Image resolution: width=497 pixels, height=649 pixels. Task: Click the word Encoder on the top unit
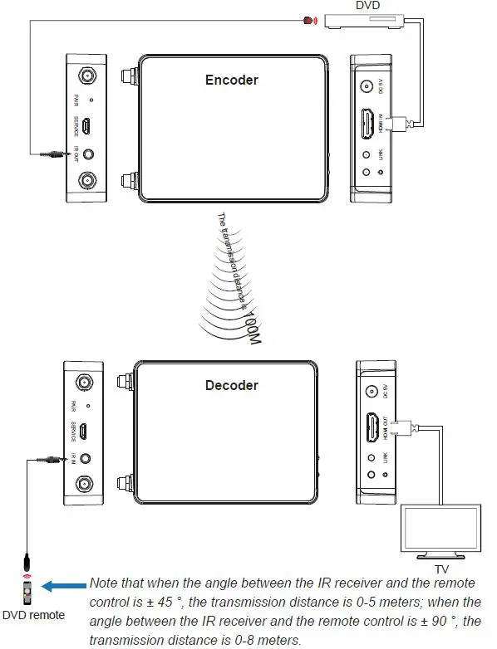pyautogui.click(x=231, y=81)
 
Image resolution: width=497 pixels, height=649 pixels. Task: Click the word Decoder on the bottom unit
pyautogui.click(x=231, y=385)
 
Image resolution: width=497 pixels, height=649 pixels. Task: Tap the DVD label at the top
pyautogui.click(x=367, y=6)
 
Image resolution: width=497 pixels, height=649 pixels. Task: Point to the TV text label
pyautogui.click(x=442, y=570)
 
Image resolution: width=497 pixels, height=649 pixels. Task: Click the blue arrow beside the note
pyautogui.click(x=64, y=585)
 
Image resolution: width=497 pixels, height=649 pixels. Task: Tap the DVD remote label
pyautogui.click(x=34, y=616)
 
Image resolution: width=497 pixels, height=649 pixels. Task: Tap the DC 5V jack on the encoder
pyautogui.click(x=367, y=85)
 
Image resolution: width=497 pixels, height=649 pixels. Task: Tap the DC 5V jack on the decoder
pyautogui.click(x=371, y=392)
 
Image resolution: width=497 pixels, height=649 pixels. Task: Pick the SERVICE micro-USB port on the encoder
pyautogui.click(x=86, y=127)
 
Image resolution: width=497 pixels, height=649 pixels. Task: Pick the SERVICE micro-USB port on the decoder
pyautogui.click(x=84, y=431)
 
